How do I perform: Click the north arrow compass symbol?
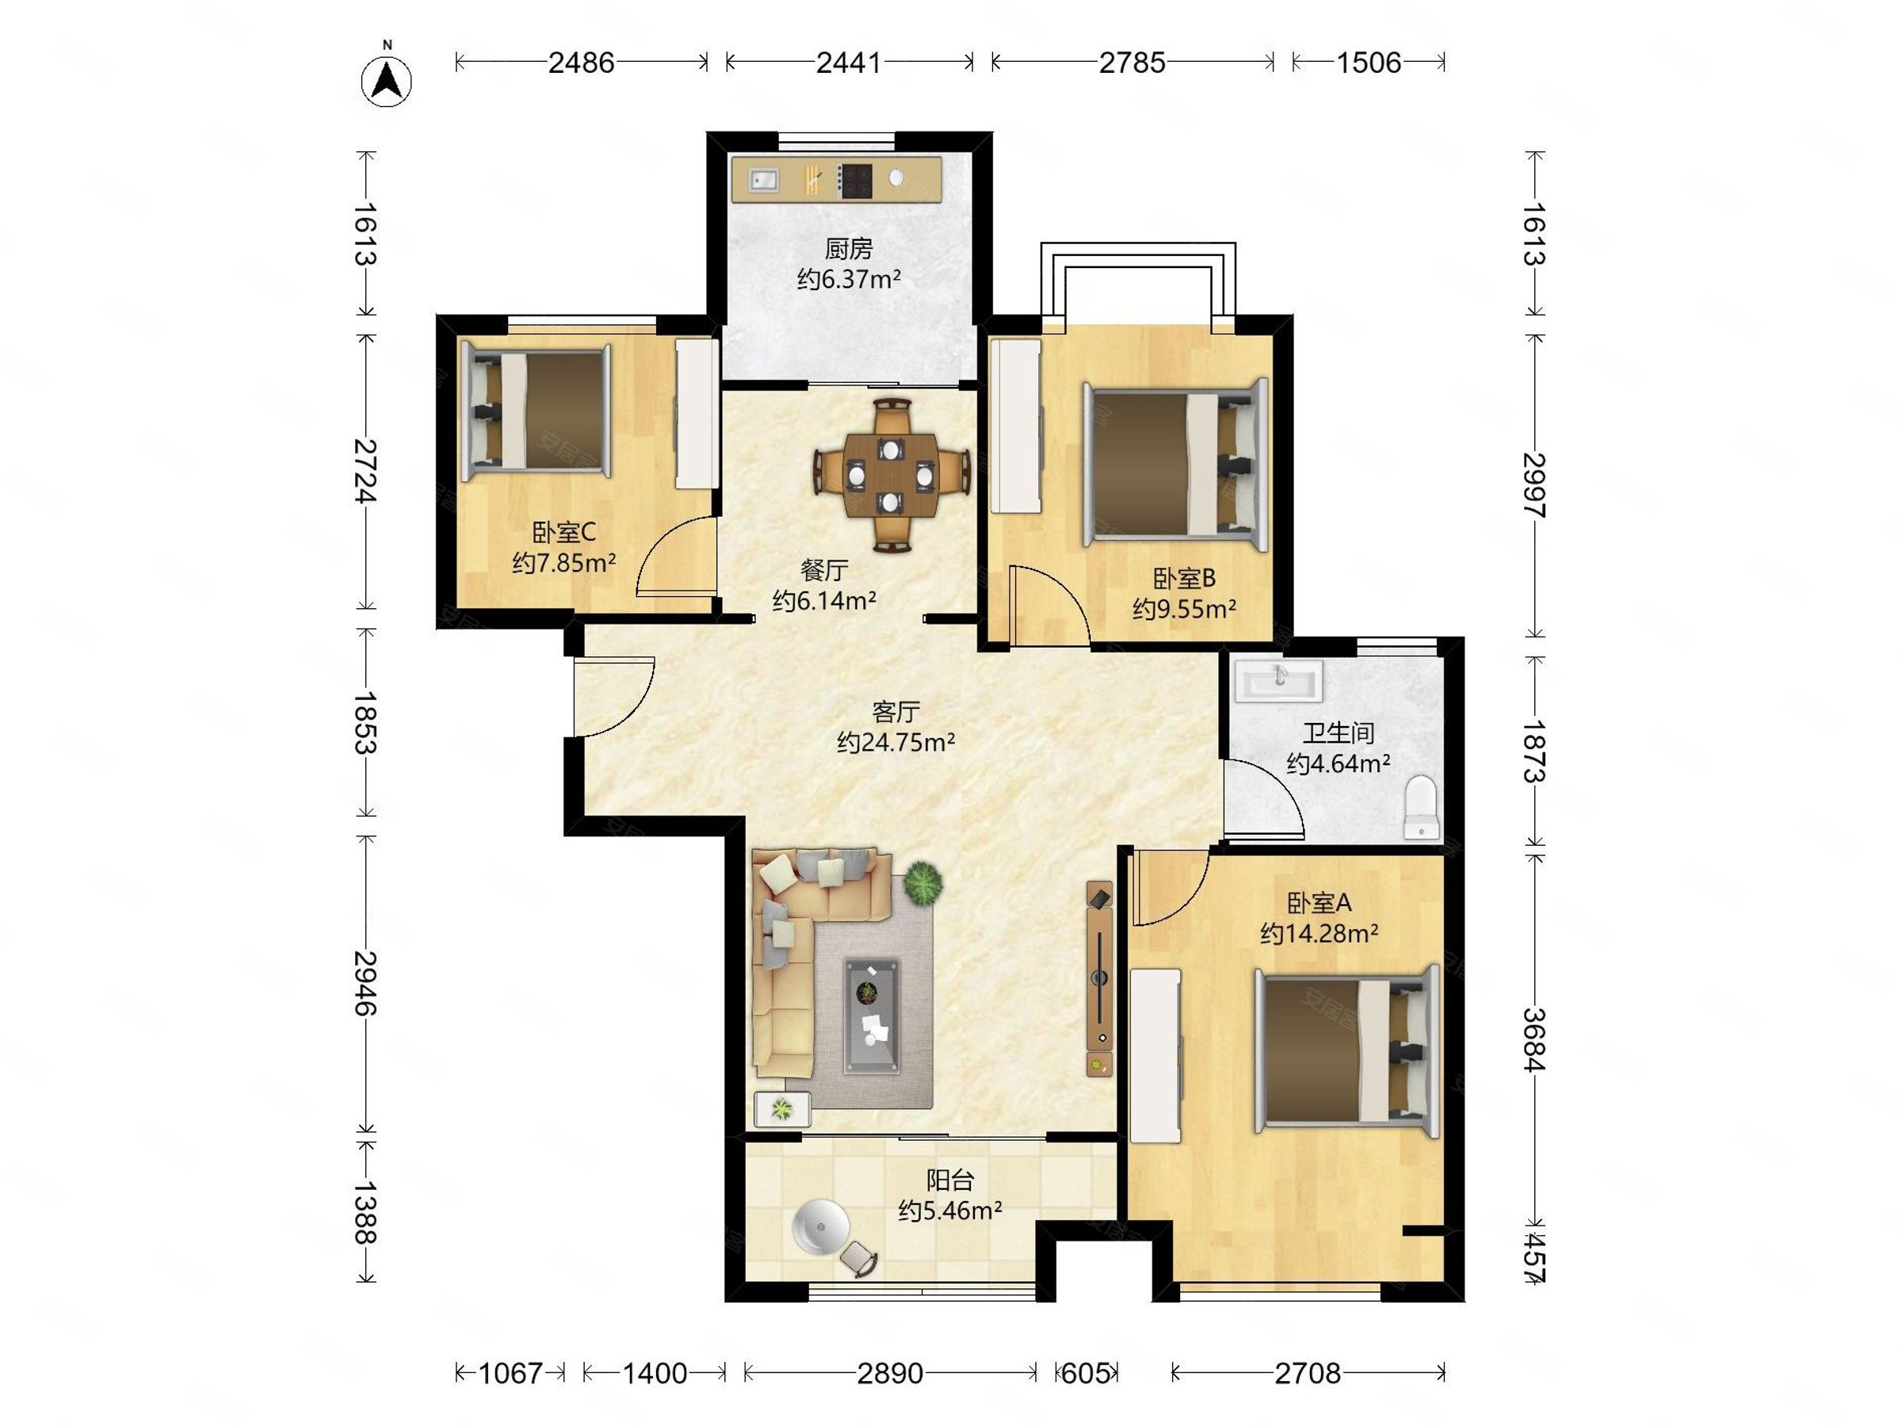[x=386, y=80]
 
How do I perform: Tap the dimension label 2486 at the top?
[x=581, y=63]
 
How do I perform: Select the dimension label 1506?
[x=1368, y=63]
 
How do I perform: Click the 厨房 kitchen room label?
[x=849, y=250]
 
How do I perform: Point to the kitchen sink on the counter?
[x=763, y=180]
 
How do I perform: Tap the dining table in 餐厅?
[x=892, y=474]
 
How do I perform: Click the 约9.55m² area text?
[x=1184, y=609]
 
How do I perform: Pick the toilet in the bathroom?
[x=1421, y=807]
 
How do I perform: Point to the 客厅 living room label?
[x=896, y=712]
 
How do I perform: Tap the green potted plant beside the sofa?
[x=922, y=882]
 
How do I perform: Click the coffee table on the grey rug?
[x=872, y=1016]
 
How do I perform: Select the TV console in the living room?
[x=1100, y=978]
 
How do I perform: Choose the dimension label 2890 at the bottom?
[x=890, y=1373]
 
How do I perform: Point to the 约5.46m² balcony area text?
[x=950, y=1211]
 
